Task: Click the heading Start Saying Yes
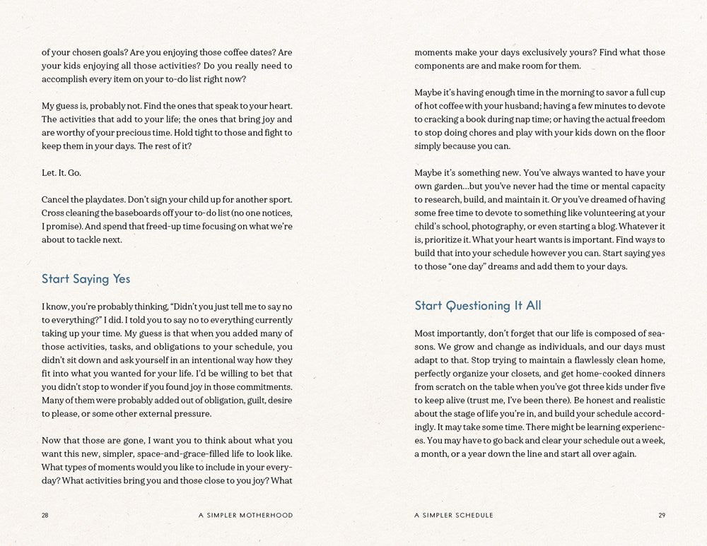(86, 279)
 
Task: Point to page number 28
(45, 516)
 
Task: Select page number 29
(662, 516)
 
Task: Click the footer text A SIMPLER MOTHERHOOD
(245, 516)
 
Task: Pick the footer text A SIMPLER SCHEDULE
(454, 516)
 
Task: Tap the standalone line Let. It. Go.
(62, 172)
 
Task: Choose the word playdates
(102, 199)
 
